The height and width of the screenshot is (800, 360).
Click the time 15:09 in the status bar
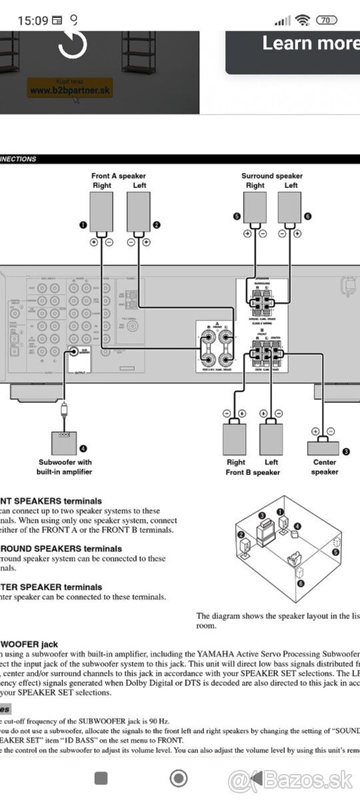point(33,20)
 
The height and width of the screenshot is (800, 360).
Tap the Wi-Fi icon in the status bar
point(303,20)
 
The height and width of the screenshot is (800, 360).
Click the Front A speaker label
point(119,176)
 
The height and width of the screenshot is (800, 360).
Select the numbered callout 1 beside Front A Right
point(83,225)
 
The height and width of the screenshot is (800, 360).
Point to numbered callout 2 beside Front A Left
point(157,225)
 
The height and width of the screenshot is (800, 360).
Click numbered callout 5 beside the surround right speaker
point(237,217)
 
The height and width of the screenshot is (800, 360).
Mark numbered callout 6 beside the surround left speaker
point(307,217)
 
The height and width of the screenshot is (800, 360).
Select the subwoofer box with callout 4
point(64,443)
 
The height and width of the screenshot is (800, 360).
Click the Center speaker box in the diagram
point(323,447)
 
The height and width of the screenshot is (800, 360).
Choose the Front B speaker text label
point(253,472)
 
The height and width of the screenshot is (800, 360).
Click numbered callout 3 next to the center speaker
point(345,451)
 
